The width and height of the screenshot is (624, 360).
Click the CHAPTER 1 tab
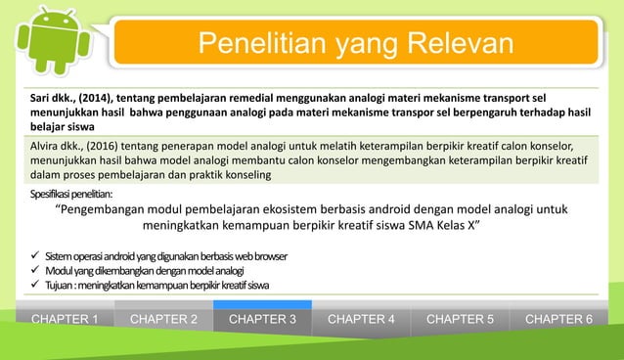[66, 319]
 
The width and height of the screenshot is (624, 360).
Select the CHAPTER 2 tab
[164, 319]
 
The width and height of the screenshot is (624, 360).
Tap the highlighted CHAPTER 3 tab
[263, 319]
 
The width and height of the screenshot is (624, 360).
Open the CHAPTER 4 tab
[362, 319]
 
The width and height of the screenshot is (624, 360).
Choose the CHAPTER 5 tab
[461, 319]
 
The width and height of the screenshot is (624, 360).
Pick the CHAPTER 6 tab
[558, 319]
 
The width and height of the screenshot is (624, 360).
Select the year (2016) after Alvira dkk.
[105, 144]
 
